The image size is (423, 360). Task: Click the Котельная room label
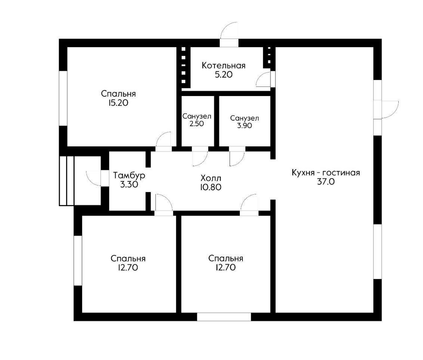tap(223, 65)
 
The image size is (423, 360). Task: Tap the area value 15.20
tap(118, 103)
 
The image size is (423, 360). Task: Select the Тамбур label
tap(129, 176)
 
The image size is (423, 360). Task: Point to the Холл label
tap(211, 178)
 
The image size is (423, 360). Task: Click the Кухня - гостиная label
tap(326, 173)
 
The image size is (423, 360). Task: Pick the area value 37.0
tap(326, 182)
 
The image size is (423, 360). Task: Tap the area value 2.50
tap(197, 124)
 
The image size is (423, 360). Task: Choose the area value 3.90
tap(245, 125)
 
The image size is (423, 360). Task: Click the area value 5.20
tap(223, 74)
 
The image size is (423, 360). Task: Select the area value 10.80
tap(211, 187)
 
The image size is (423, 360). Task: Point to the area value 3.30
tap(129, 185)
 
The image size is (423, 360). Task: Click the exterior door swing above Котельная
tap(229, 31)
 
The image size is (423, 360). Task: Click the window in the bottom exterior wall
tap(224, 317)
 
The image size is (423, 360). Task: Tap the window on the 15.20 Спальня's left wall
tap(63, 98)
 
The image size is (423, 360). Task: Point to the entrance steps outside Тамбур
tap(67, 181)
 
